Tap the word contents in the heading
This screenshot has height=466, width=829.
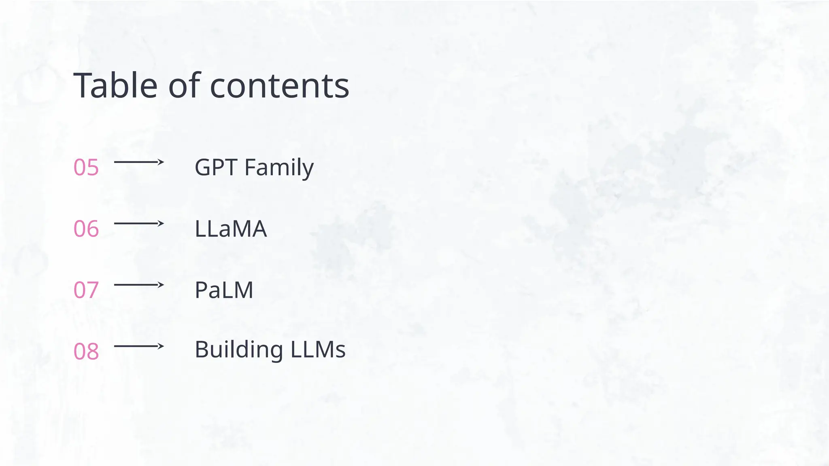pos(279,86)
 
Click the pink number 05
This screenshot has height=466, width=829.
pos(86,167)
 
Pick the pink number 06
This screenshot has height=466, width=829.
pos(86,229)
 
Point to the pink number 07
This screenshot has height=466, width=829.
pos(86,290)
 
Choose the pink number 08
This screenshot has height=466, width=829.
pos(86,351)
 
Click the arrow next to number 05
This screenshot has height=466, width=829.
pos(139,162)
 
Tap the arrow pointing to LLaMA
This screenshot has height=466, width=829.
pos(139,223)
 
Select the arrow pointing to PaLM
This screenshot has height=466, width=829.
pos(139,285)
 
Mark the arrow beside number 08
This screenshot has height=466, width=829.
pos(139,346)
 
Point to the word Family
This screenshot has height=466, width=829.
pos(279,168)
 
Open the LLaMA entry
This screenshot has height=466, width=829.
pos(231,229)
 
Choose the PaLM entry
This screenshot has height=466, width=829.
pos(224,290)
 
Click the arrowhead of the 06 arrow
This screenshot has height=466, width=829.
pos(161,223)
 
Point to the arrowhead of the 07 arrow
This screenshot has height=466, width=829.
pos(161,285)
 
